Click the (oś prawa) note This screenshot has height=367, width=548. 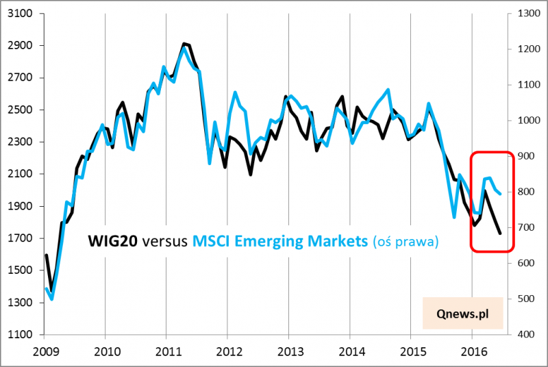[x=406, y=241]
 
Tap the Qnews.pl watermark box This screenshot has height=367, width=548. [x=463, y=312]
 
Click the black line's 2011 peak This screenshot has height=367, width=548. [x=183, y=44]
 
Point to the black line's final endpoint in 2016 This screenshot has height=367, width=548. [x=500, y=233]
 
